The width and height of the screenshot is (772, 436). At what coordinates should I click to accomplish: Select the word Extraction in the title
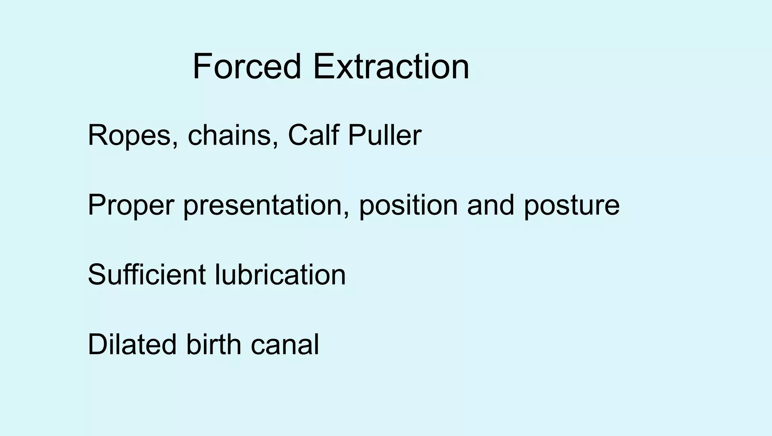point(391,67)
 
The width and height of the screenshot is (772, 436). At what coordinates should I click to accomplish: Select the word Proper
point(131,206)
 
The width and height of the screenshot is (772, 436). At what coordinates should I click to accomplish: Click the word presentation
point(266,206)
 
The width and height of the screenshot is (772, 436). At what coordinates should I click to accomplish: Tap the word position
point(408,206)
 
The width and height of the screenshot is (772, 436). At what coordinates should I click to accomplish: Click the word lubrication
point(280,274)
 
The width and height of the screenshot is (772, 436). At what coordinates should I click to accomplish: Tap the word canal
point(285,345)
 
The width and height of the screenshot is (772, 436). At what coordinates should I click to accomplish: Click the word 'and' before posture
point(490,205)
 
